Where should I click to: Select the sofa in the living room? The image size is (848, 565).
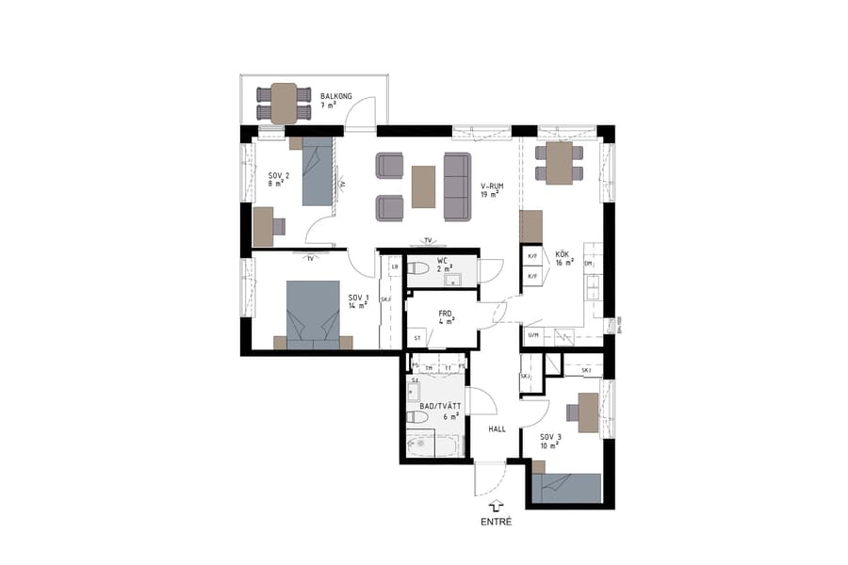click(458, 186)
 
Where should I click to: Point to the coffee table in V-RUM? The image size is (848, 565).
click(424, 186)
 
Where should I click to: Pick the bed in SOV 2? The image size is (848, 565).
click(318, 171)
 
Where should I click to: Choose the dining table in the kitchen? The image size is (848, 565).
click(559, 164)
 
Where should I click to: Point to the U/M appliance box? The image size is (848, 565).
click(533, 335)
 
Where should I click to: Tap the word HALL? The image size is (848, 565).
click(497, 428)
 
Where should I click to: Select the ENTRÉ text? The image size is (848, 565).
click(497, 522)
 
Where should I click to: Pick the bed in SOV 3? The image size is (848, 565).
click(565, 487)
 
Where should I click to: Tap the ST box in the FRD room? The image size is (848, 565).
click(416, 336)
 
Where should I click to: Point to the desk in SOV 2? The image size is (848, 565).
click(263, 225)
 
